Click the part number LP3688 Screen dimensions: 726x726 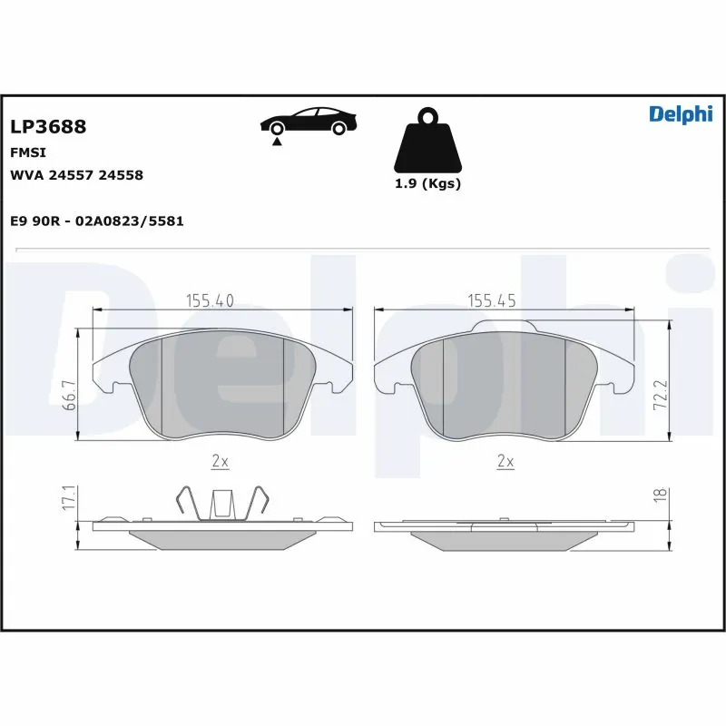[47, 127]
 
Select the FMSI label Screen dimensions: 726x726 [27, 152]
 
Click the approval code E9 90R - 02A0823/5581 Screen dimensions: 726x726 [96, 221]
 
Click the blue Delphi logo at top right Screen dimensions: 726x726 [681, 113]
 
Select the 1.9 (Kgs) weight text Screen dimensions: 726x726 [427, 183]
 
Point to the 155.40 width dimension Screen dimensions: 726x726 [210, 300]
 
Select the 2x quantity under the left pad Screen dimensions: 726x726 [219, 462]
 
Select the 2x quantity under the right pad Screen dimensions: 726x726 [505, 462]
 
